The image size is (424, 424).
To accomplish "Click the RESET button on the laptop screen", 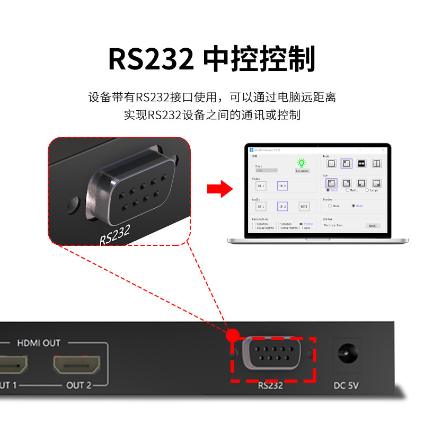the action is (373, 225).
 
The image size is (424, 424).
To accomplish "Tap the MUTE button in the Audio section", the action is (304, 206).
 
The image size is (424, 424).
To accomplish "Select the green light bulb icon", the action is (302, 163).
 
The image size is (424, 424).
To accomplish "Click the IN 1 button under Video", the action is (261, 186).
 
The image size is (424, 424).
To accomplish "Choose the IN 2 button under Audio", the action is (282, 206).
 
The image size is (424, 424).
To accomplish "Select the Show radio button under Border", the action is (330, 206).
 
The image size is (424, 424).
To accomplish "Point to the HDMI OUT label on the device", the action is (39, 343).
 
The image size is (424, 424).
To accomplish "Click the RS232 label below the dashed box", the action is (270, 385).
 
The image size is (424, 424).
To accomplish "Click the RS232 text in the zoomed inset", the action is (114, 234).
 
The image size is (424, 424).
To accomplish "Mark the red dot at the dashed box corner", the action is (231, 335).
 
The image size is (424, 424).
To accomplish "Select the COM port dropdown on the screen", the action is (266, 171).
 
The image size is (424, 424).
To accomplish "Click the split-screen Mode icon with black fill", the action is (361, 164).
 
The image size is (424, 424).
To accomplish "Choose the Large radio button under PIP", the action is (367, 190).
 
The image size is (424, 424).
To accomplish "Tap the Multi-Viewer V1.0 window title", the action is (267, 150).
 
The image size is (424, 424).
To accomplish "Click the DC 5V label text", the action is (347, 385).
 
